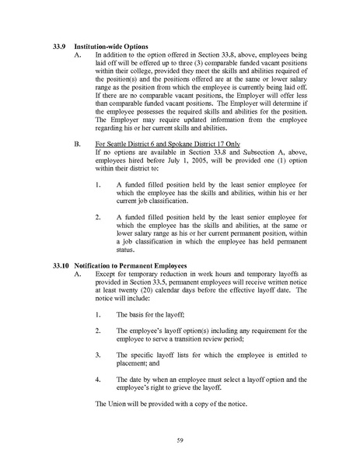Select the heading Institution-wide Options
click(113, 47)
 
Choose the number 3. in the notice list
click(97, 355)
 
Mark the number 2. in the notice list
click(97, 331)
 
